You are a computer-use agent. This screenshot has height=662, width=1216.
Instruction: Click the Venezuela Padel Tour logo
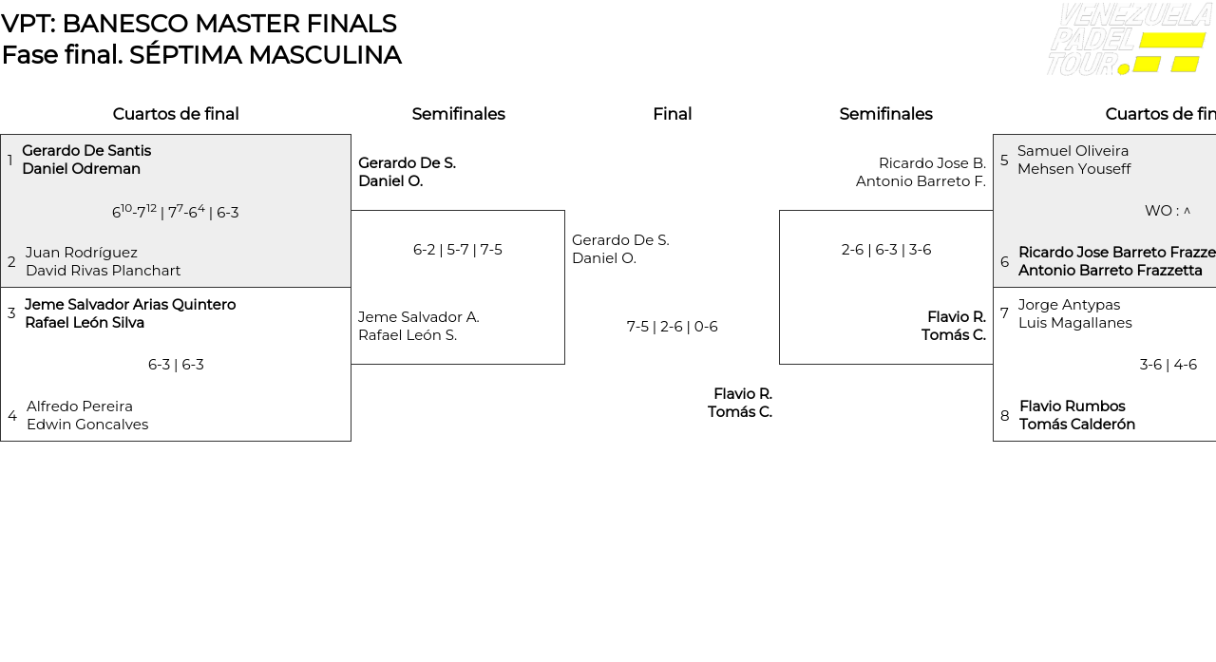pyautogui.click(x=1129, y=39)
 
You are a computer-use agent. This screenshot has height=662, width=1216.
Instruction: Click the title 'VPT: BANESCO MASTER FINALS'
pyautogui.click(x=199, y=24)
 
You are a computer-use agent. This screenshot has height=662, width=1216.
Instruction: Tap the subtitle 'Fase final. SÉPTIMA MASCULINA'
pyautogui.click(x=201, y=55)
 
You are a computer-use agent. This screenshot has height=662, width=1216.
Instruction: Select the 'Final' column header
pyautogui.click(x=672, y=114)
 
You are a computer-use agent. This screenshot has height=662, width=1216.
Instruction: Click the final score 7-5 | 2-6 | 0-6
pyautogui.click(x=672, y=327)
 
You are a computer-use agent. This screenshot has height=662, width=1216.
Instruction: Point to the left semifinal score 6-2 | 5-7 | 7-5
pyautogui.click(x=457, y=250)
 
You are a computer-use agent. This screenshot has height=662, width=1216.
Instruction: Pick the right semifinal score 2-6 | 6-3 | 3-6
pyautogui.click(x=885, y=250)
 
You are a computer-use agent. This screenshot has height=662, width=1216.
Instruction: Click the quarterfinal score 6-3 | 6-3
pyautogui.click(x=176, y=365)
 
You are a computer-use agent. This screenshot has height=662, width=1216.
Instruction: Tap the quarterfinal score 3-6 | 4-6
pyautogui.click(x=1168, y=365)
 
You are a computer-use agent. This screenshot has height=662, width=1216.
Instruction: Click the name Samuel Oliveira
pyautogui.click(x=1073, y=151)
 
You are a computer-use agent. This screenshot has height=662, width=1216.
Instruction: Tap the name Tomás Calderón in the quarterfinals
pyautogui.click(x=1076, y=425)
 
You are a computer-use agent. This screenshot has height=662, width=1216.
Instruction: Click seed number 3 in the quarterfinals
pyautogui.click(x=11, y=313)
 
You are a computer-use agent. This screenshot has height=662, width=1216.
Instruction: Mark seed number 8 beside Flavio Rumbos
pyautogui.click(x=1004, y=416)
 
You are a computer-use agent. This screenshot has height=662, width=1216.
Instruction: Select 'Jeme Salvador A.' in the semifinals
pyautogui.click(x=418, y=317)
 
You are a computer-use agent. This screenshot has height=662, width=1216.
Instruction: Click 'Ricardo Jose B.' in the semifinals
pyautogui.click(x=932, y=163)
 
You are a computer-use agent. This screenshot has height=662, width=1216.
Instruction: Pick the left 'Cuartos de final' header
pyautogui.click(x=176, y=114)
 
